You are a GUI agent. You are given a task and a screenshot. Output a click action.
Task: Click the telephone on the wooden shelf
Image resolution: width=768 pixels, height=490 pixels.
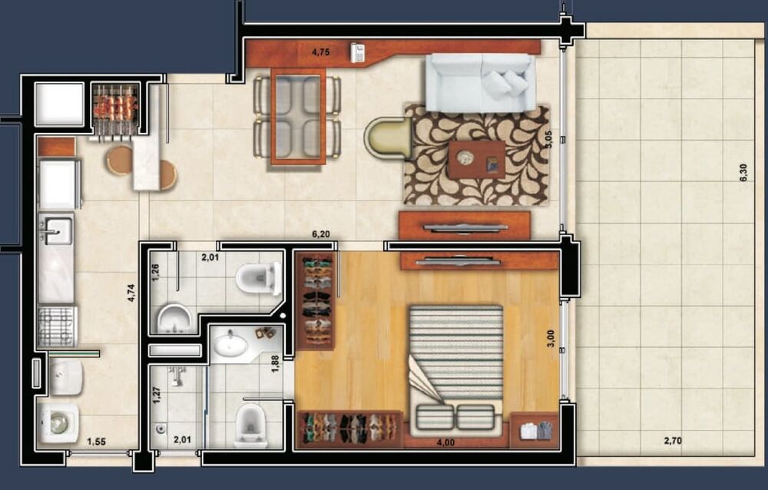tap(357, 52)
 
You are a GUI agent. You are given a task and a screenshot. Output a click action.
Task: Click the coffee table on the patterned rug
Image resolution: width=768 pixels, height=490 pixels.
tap(477, 160)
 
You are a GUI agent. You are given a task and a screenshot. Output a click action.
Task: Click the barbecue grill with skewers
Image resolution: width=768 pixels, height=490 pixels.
tap(115, 104)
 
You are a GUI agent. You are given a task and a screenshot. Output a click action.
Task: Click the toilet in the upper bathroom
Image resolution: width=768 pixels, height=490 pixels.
tap(259, 278)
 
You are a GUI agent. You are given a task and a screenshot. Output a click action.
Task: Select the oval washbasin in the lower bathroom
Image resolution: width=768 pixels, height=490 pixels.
tap(230, 344)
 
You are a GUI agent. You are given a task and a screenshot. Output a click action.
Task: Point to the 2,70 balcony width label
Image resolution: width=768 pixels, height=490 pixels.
tap(672, 441)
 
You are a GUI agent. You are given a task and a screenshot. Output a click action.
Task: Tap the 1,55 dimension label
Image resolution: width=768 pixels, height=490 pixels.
tap(96, 441)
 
